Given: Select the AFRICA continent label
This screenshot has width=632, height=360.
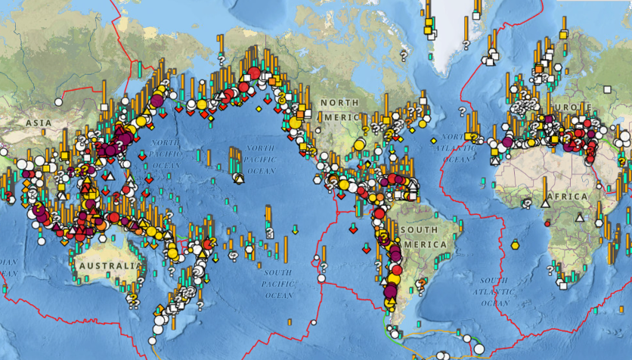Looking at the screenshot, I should pos(566,197).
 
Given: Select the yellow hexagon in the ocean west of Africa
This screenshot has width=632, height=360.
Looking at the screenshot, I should pos(515,244).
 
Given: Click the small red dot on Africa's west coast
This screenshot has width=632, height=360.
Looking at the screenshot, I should pos(547,224).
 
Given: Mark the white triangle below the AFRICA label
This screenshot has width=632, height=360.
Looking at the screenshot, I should pos(579,217).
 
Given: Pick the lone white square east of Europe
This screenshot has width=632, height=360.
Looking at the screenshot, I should pos(606,89).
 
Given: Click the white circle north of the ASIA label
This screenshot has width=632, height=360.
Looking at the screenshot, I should pos(58,102).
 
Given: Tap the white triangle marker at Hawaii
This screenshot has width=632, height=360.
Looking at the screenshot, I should pos(239,178).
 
